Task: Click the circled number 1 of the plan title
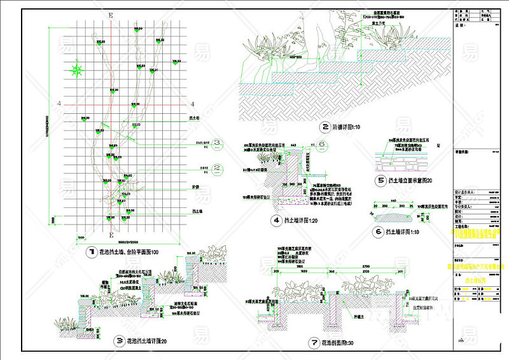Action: [92, 252]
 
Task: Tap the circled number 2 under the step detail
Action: [325, 127]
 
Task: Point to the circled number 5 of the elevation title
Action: [380, 180]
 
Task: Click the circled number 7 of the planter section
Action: [314, 343]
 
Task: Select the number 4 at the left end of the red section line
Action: [59, 104]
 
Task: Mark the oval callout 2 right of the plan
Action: [217, 168]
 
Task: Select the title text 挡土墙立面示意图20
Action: [413, 180]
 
